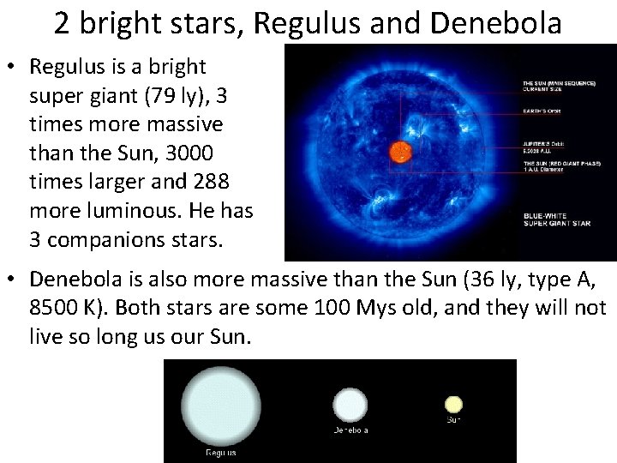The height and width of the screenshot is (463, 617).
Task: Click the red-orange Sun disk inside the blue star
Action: click(x=400, y=153)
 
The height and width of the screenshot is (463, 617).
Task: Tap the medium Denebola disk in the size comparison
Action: click(x=350, y=406)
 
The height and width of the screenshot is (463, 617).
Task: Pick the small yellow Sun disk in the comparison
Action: click(x=453, y=404)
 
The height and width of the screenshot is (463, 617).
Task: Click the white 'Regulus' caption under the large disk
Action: click(x=220, y=453)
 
